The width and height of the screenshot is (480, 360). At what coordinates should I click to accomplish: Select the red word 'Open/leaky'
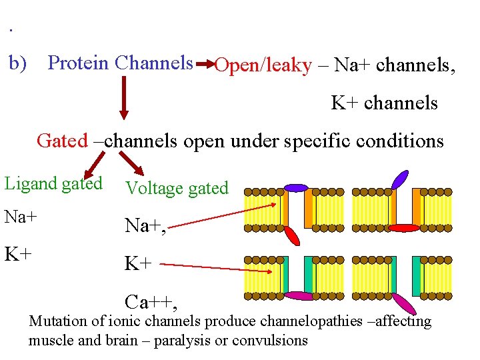coord(263,65)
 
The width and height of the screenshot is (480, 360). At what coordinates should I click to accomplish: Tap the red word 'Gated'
coord(62,141)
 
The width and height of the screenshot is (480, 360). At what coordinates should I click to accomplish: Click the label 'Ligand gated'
coord(53,183)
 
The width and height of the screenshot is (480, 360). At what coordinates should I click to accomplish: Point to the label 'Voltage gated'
coord(177,188)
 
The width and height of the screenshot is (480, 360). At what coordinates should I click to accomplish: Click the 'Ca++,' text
coord(151,303)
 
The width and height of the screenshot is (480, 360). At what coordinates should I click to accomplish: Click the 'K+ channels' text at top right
coord(384,103)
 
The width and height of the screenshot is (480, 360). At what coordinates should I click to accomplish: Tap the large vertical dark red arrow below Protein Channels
coord(123,98)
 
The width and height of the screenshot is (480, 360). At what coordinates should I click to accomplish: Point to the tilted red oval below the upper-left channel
coord(291,235)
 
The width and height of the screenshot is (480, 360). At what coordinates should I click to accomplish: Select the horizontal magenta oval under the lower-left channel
coord(297,296)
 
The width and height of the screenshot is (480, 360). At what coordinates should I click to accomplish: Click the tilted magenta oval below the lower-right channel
coord(405,304)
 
